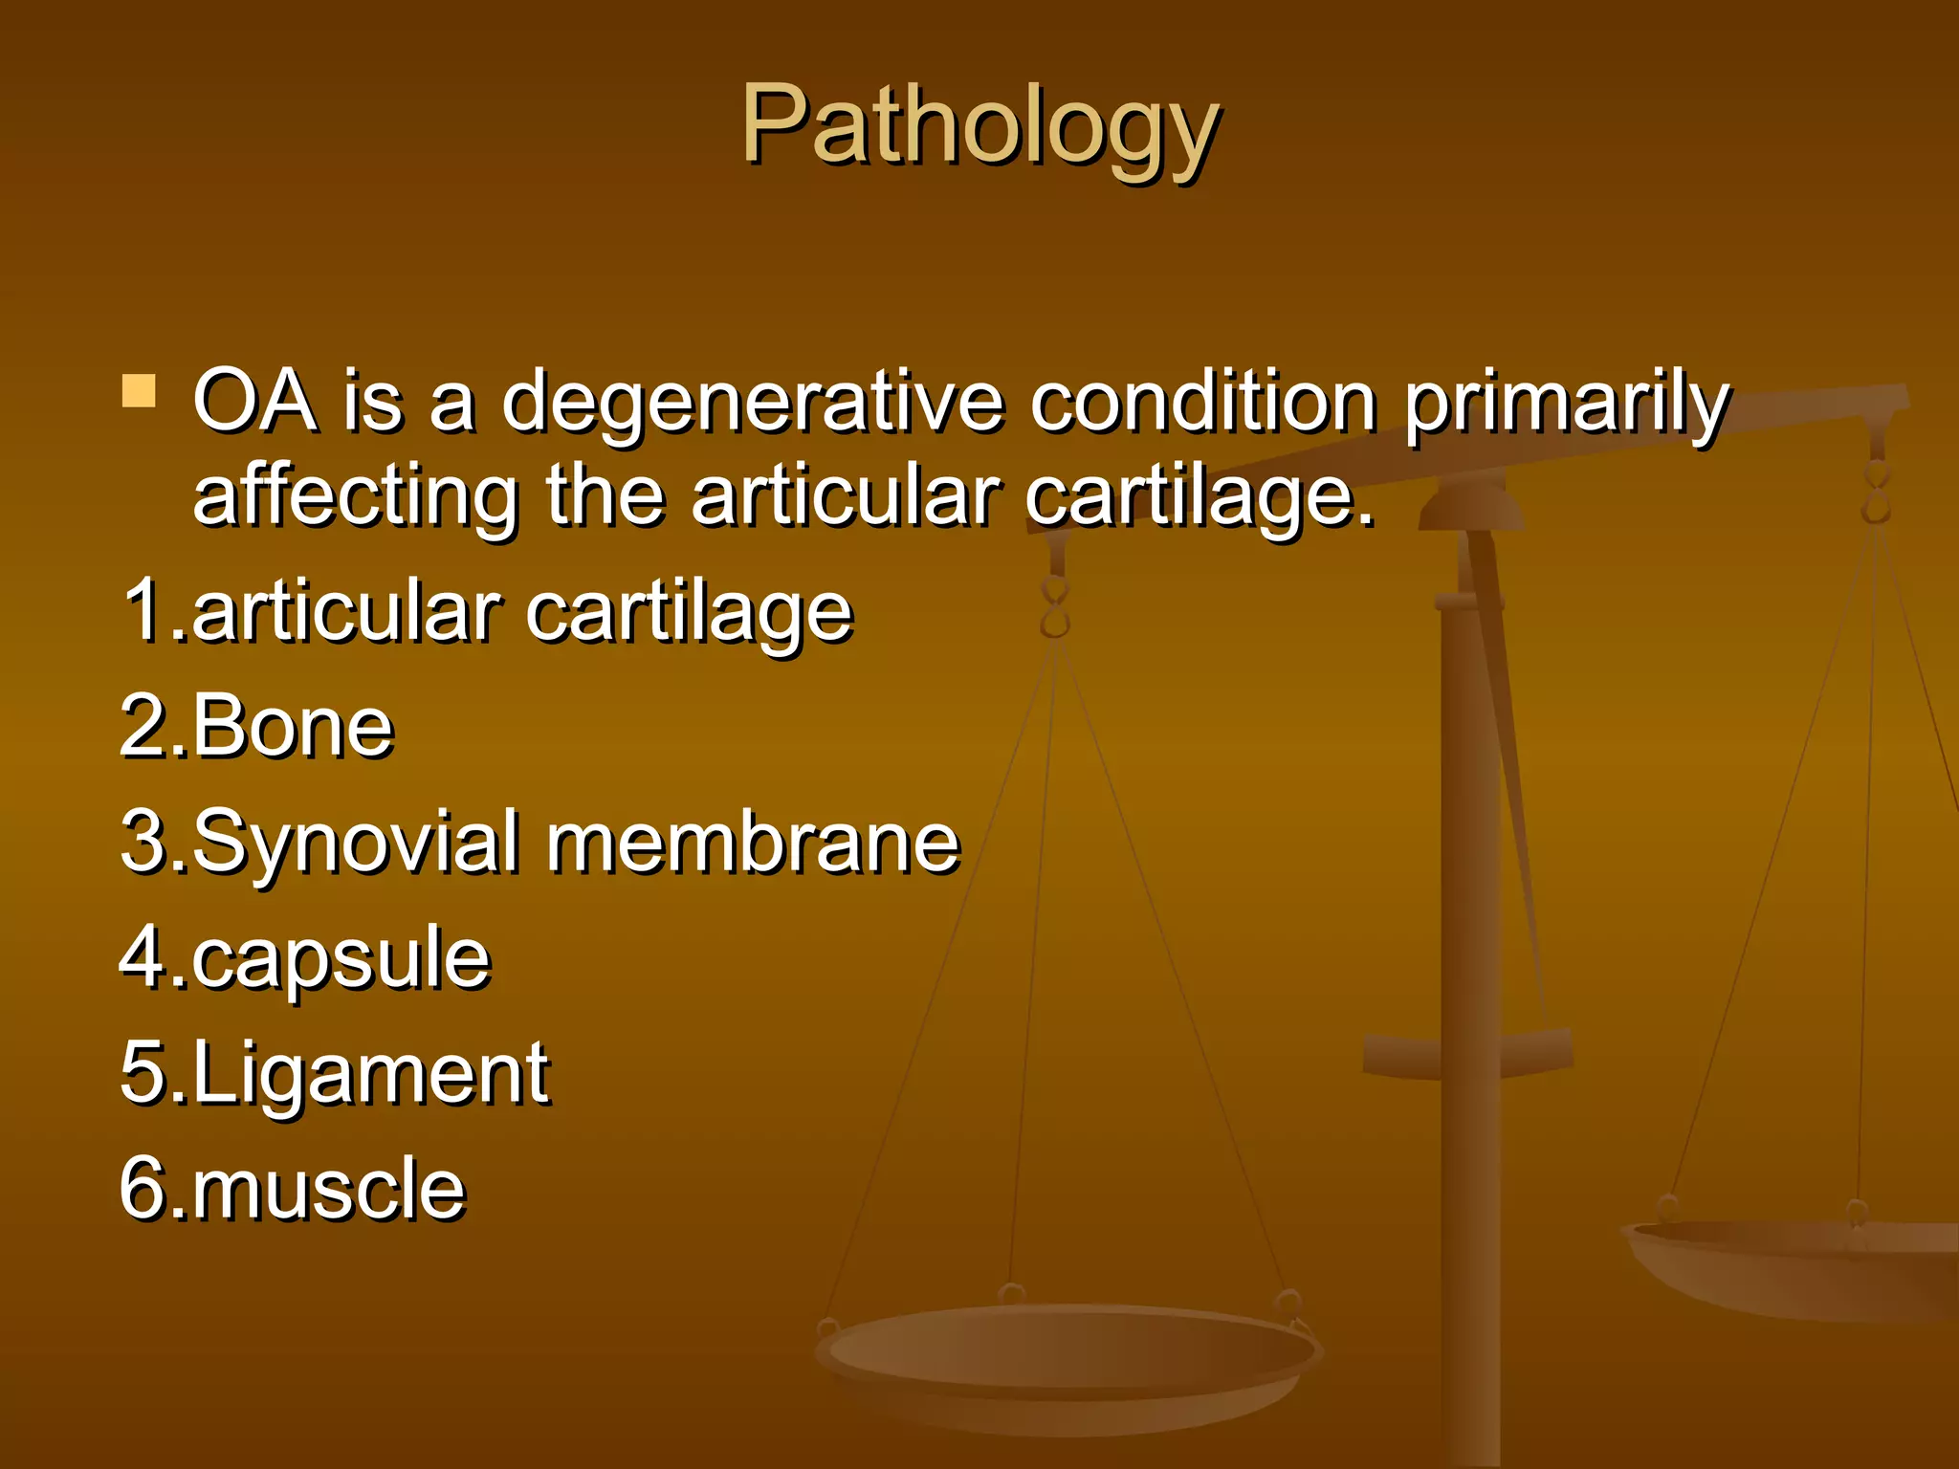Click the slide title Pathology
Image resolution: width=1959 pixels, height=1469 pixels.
pyautogui.click(x=979, y=125)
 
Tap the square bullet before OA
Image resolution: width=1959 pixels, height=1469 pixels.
pyautogui.click(x=140, y=391)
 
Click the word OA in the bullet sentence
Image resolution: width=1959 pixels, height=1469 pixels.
pyautogui.click(x=255, y=402)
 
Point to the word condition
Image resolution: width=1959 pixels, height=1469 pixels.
pyautogui.click(x=1203, y=402)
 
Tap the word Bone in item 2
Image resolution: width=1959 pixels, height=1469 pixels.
pyautogui.click(x=293, y=727)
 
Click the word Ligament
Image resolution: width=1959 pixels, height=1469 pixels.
pyautogui.click(x=371, y=1074)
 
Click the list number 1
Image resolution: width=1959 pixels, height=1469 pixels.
pyautogui.click(x=143, y=610)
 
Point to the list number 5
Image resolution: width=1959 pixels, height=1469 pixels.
pyautogui.click(x=143, y=1073)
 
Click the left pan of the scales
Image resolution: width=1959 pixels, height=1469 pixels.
pyautogui.click(x=1067, y=1358)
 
